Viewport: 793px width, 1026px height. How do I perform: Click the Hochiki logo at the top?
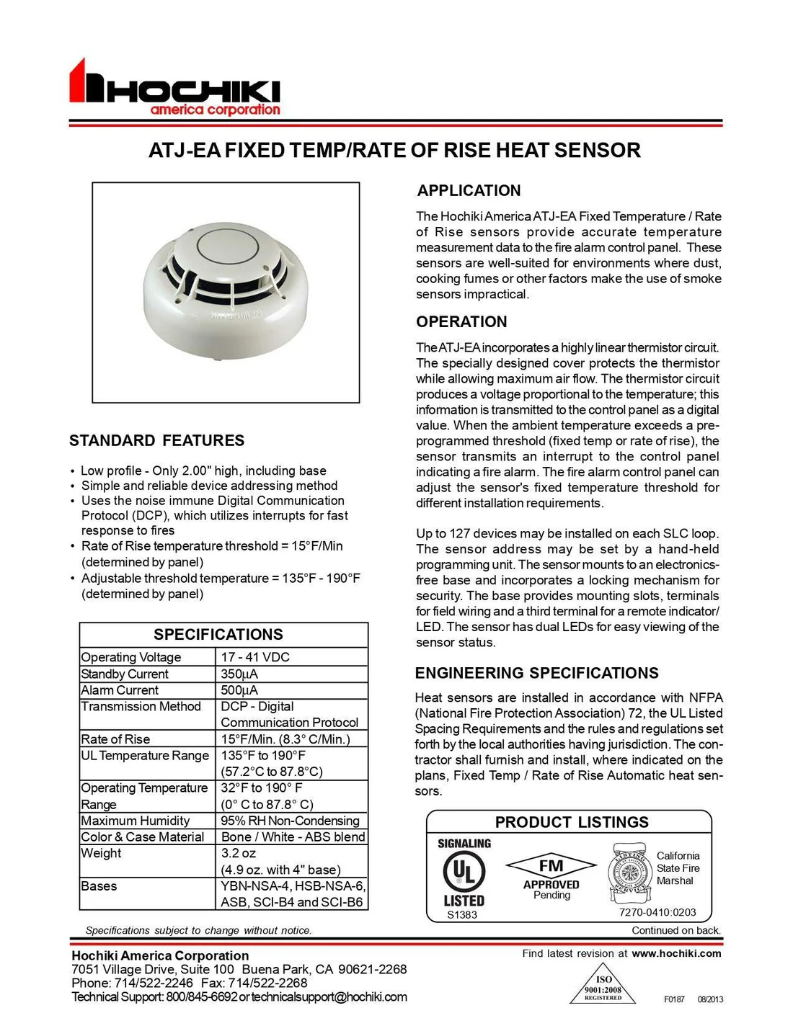pos(175,89)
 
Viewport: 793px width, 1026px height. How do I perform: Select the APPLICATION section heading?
pos(469,191)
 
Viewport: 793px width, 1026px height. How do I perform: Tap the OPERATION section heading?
pos(461,322)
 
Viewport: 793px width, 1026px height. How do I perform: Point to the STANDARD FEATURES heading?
pos(156,441)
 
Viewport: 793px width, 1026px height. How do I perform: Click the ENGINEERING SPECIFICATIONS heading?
pos(536,673)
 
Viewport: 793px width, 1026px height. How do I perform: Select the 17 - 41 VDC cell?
pos(255,657)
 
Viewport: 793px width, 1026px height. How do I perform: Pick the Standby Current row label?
pos(125,674)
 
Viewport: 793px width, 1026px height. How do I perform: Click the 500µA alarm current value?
pos(239,690)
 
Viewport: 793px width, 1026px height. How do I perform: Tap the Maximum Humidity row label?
pos(136,821)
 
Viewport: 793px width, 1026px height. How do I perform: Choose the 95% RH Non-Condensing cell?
pos(290,821)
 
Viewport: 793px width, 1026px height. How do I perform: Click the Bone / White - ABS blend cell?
pos(293,837)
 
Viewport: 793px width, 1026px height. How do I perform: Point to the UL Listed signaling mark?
pos(464,873)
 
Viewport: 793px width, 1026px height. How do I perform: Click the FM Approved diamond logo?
pos(551,866)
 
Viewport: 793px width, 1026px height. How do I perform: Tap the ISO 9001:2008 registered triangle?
pos(603,986)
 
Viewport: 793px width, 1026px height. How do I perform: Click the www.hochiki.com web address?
pos(676,953)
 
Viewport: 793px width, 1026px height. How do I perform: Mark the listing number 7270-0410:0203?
pos(657,912)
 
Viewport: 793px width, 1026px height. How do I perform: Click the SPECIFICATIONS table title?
pos(218,635)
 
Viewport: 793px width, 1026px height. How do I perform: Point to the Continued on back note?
pos(675,930)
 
